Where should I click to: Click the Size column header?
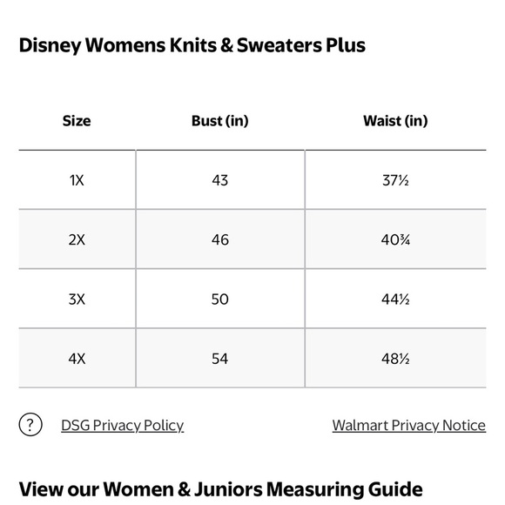click(x=77, y=121)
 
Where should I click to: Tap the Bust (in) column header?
click(x=219, y=121)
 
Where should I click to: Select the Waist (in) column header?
click(x=395, y=121)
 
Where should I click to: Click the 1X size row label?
click(x=77, y=180)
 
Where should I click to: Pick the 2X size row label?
click(x=77, y=239)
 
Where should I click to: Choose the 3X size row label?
click(x=77, y=299)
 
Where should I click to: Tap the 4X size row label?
click(x=77, y=358)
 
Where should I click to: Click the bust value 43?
click(x=219, y=180)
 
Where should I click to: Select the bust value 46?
click(x=219, y=239)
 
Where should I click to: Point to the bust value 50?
click(x=219, y=299)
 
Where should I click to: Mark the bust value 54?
click(x=219, y=358)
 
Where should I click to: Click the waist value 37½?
click(x=395, y=180)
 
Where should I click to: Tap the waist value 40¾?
click(x=395, y=239)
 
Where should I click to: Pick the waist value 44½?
click(x=395, y=299)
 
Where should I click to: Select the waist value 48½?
click(x=395, y=358)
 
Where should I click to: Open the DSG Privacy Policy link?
click(x=122, y=425)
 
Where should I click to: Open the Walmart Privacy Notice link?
click(x=408, y=425)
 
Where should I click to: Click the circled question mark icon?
click(x=30, y=425)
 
